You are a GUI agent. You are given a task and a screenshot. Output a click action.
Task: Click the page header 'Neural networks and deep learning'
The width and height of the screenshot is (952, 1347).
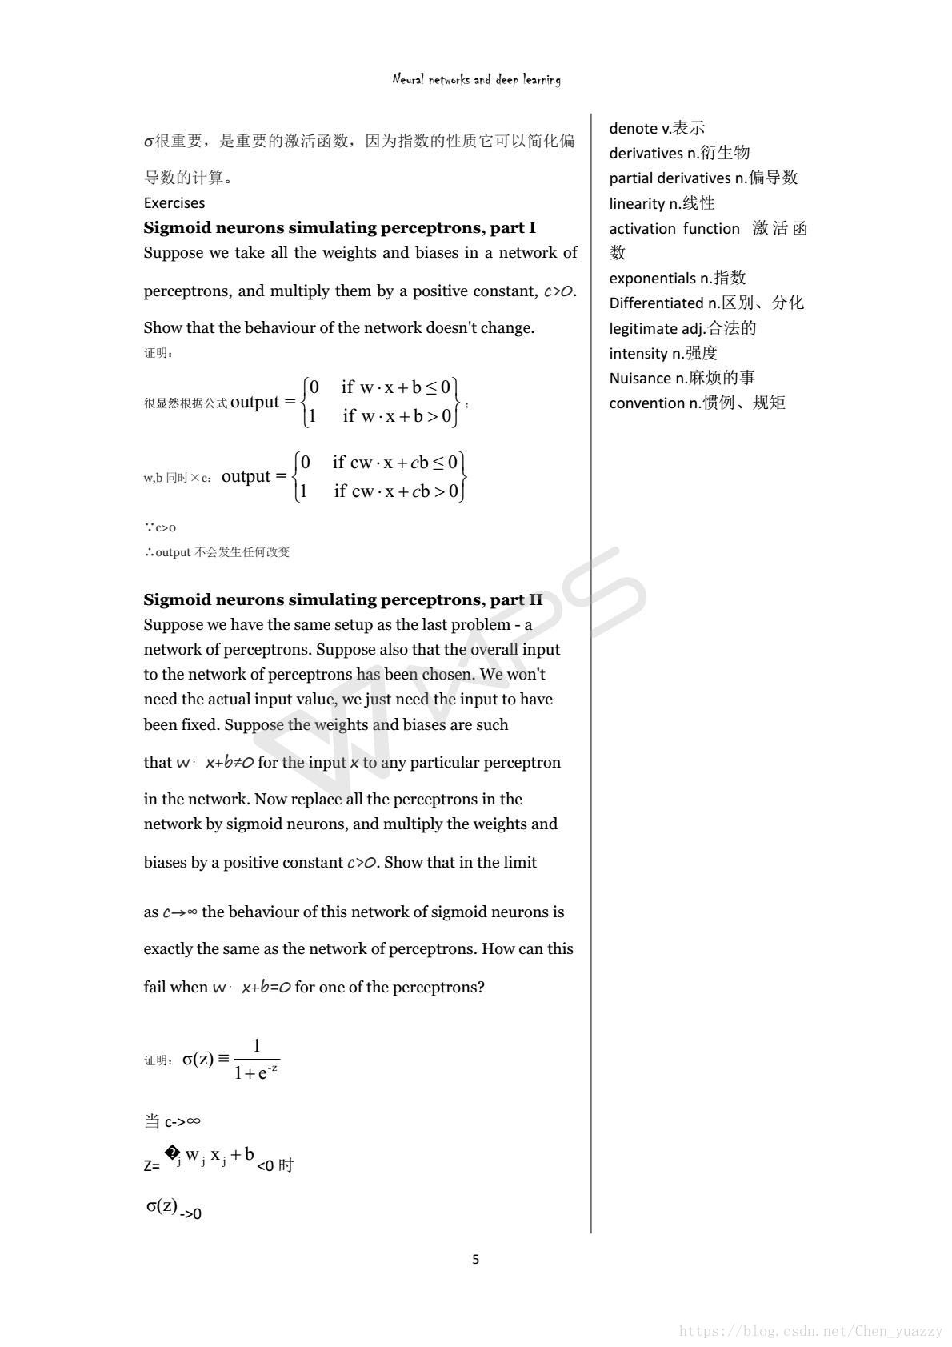[476, 79]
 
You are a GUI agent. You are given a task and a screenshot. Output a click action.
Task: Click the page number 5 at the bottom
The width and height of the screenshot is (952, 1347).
[476, 1259]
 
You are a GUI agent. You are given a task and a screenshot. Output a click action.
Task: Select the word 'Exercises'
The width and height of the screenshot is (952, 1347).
[174, 202]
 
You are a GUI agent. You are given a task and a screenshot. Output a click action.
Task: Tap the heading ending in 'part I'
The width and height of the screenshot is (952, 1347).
[339, 227]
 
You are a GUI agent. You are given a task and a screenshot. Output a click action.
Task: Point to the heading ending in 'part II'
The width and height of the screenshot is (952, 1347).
[342, 599]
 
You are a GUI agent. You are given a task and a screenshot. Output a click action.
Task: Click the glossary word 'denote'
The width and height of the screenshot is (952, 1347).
[633, 128]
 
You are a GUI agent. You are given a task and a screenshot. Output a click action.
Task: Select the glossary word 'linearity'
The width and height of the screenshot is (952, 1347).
[637, 203]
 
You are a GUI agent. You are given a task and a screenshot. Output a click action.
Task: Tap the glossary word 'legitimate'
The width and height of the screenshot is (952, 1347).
[644, 328]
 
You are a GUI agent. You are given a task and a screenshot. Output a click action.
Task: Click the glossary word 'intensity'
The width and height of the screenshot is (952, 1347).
[638, 353]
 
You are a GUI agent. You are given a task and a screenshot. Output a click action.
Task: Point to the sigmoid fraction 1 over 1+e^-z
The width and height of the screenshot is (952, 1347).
[256, 1059]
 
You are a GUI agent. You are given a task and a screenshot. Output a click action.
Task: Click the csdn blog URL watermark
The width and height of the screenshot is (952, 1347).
[810, 1331]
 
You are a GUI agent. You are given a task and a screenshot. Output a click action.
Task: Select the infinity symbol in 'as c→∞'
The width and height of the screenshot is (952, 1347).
[192, 912]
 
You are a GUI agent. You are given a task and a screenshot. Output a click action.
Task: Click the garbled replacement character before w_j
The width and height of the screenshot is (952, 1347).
[171, 1153]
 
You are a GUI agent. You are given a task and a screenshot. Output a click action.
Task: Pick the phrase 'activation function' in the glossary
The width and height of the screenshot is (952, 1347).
[674, 228]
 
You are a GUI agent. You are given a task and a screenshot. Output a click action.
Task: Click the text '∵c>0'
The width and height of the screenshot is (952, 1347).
[160, 527]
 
